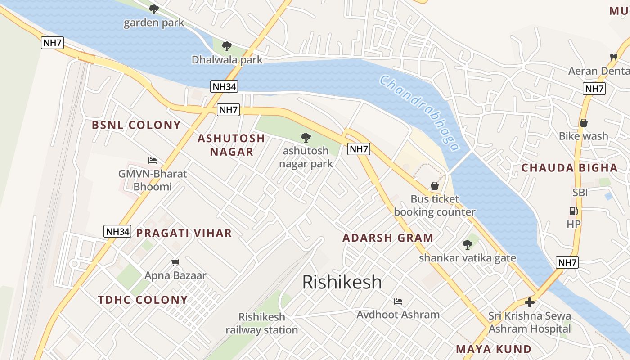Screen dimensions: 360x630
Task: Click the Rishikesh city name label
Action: point(342,282)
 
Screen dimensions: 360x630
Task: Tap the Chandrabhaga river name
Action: point(419,112)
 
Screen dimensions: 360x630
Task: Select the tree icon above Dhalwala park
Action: point(227,46)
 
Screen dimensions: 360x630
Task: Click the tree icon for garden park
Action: point(154,9)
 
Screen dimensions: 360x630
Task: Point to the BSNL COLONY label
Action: point(136,125)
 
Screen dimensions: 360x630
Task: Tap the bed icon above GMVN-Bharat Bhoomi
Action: point(153,161)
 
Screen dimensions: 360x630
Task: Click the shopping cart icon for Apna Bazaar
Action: point(175,262)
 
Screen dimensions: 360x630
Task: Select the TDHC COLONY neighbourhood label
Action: point(143,300)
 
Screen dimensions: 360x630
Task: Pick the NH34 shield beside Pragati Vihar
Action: point(117,231)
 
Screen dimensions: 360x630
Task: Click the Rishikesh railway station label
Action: point(261,323)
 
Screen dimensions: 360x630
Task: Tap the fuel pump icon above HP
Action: point(573,211)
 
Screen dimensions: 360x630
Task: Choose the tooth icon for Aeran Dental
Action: point(613,57)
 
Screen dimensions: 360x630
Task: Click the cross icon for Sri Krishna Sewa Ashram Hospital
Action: point(530,302)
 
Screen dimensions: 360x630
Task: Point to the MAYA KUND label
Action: point(494,349)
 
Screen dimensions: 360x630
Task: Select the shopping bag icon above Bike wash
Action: point(583,123)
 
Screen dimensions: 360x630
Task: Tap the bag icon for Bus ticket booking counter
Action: point(434,186)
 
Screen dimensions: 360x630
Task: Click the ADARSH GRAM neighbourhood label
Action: point(388,238)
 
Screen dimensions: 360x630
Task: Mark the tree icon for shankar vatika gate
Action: point(467,245)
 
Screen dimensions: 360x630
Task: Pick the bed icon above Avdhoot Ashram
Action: point(398,301)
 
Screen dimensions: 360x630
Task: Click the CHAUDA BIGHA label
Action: point(569,168)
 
